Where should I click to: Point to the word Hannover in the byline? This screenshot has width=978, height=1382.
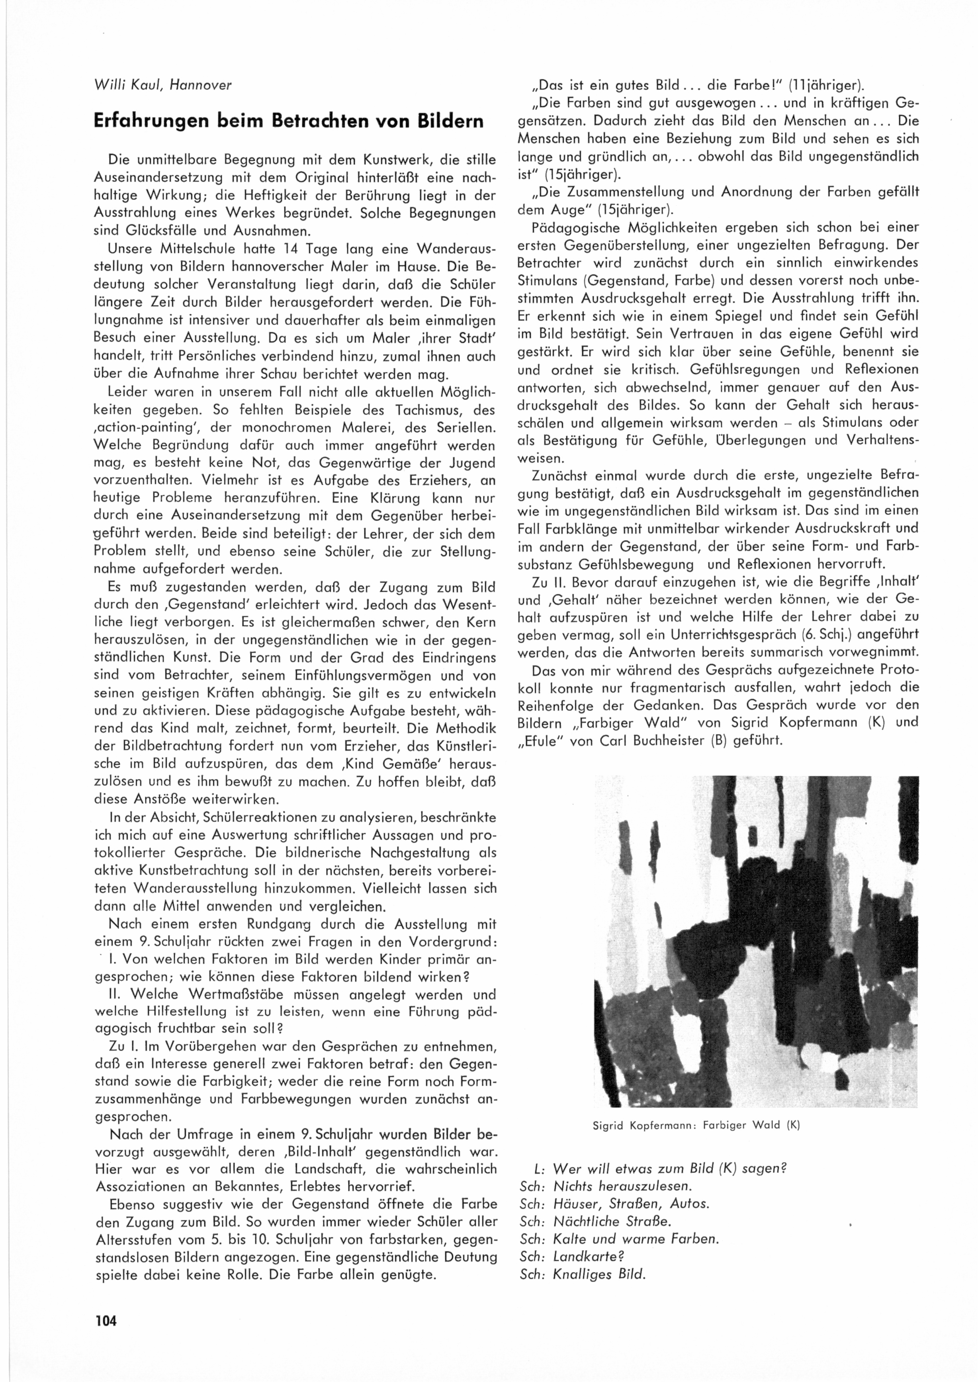pos(201,86)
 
